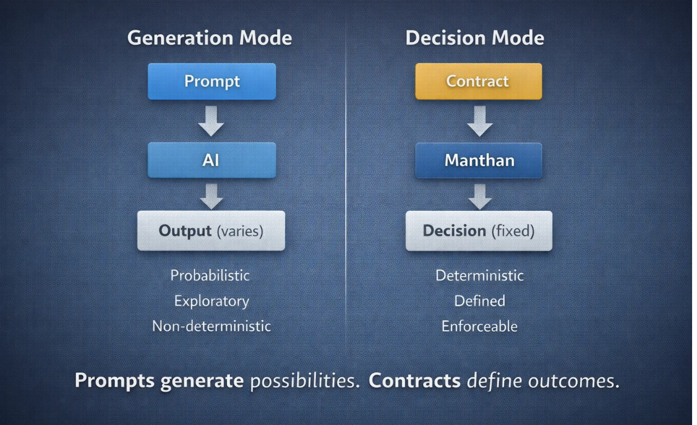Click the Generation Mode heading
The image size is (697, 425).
point(210,38)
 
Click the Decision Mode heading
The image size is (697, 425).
point(475,38)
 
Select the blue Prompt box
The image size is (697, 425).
point(212,81)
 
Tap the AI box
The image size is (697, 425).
point(212,160)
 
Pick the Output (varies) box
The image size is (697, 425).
point(211,230)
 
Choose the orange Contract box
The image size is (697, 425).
point(479,81)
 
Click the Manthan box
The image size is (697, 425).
point(479,160)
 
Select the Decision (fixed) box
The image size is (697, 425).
point(479,230)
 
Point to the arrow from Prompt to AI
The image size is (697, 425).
point(211,121)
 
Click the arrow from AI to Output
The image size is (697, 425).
point(212,197)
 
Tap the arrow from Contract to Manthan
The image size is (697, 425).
point(480,121)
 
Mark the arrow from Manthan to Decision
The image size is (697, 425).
point(480,197)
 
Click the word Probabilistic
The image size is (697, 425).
point(210,276)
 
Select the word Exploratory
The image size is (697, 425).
point(212,301)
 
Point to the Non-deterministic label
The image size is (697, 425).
point(211,326)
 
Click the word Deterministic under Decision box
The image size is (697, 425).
point(480,276)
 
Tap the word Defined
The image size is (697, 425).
point(480,301)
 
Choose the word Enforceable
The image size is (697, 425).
point(480,326)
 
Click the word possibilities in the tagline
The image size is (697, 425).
point(305,381)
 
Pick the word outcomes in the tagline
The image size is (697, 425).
point(573,381)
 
